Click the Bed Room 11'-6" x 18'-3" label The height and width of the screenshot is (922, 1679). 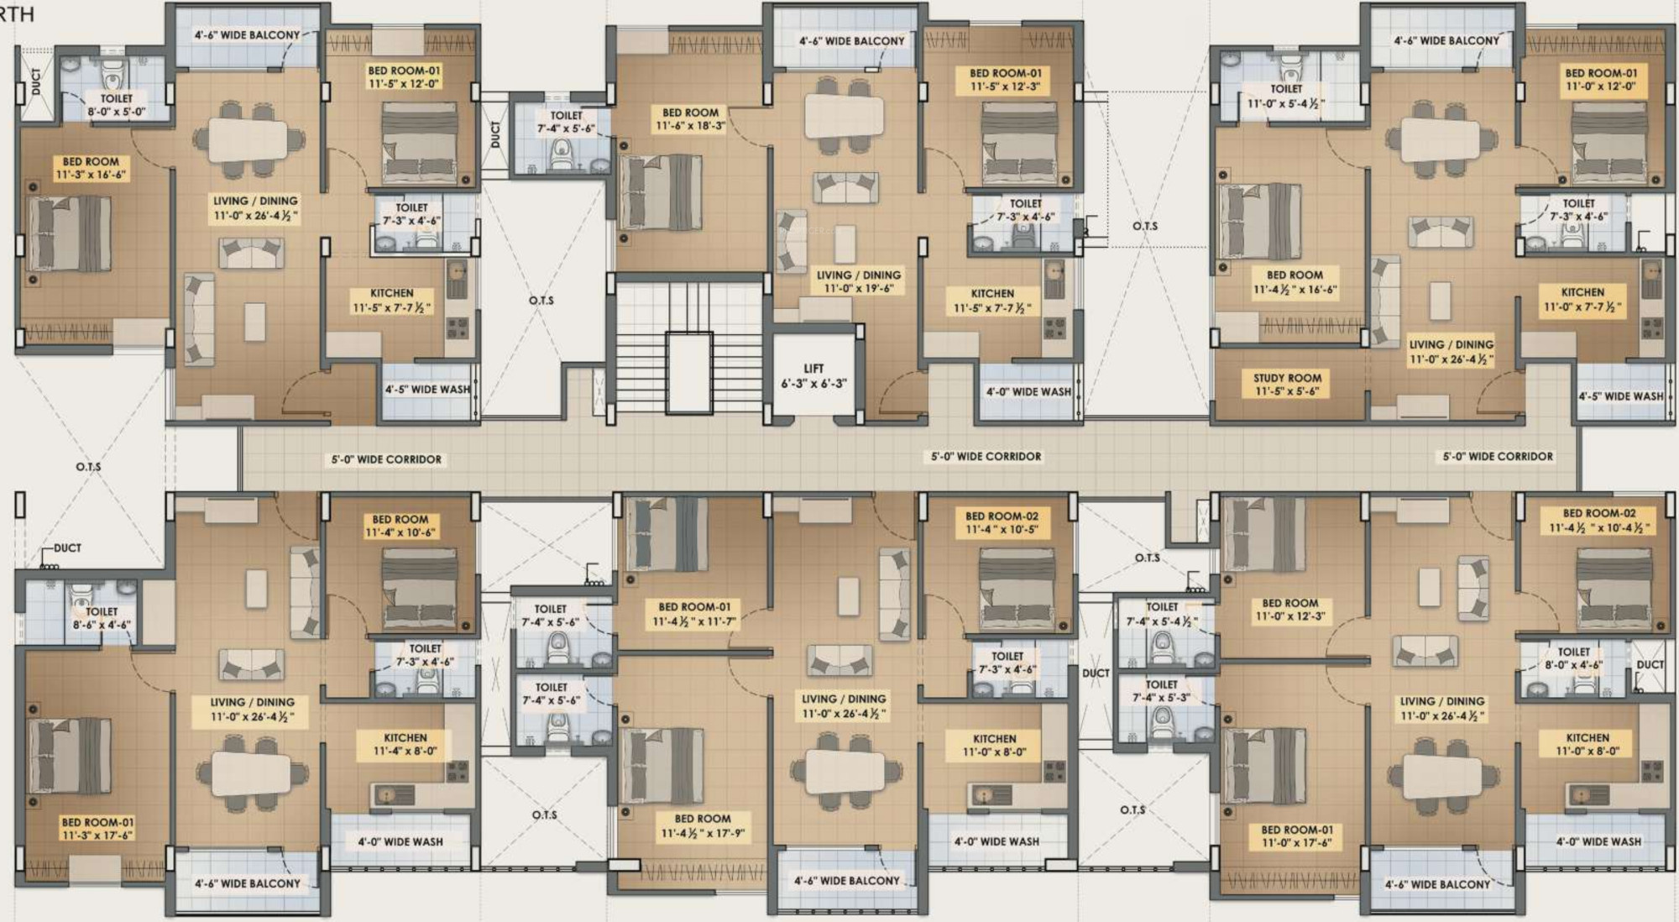pos(690,119)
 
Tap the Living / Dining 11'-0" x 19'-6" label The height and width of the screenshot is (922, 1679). pos(859,281)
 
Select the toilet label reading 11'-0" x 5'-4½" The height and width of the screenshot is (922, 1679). pos(1286,96)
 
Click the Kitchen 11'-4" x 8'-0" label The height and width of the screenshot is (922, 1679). pos(405,744)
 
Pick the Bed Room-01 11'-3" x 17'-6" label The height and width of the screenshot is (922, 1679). pos(97,829)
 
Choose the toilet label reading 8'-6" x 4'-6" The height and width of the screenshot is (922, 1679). pos(101,618)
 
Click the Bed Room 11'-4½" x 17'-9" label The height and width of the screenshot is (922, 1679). pos(703,826)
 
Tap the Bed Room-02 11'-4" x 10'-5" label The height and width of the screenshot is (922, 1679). pos(1002,522)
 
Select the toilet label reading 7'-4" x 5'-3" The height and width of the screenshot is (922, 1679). pos(1161,691)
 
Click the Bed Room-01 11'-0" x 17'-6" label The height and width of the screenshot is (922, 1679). pos(1296,836)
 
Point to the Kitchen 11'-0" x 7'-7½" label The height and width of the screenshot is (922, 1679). pos(1582,300)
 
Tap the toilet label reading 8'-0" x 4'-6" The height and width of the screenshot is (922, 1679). pos(1573,658)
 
